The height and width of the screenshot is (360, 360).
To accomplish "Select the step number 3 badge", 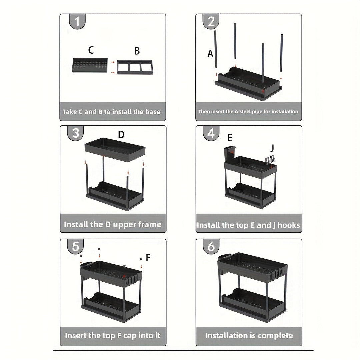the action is point(75,133).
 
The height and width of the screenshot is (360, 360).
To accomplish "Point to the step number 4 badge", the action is point(211,133).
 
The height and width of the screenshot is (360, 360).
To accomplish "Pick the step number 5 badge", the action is point(75,246).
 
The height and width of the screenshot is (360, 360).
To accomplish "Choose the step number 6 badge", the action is point(211,246).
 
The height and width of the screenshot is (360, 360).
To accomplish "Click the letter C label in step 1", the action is point(91,50).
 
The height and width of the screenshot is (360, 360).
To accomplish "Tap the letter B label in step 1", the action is point(137,51).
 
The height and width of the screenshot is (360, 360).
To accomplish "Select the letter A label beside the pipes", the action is point(210,54).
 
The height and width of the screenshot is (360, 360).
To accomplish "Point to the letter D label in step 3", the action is point(121,134).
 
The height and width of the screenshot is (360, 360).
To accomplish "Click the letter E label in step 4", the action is point(230,138).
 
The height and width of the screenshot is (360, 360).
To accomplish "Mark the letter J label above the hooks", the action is point(272,148).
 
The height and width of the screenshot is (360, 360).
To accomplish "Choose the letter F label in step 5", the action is point(148,257).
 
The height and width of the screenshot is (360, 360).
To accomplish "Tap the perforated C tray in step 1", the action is point(90,65).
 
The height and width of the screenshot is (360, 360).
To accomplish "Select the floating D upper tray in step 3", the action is point(115,150).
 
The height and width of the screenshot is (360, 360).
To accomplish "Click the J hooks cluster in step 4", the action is point(270,160).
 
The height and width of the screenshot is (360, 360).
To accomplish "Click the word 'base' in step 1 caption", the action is point(153,112).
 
